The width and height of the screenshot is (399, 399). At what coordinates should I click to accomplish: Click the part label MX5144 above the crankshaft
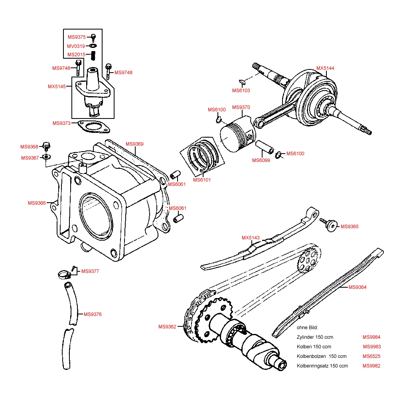click(x=325, y=68)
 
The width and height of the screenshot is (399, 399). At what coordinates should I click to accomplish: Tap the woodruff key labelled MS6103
click(x=242, y=81)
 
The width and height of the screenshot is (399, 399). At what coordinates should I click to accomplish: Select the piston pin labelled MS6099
click(x=265, y=147)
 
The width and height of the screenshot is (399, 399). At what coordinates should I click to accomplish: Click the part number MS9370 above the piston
click(x=241, y=107)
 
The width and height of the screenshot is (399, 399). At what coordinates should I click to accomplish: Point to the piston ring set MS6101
click(x=202, y=156)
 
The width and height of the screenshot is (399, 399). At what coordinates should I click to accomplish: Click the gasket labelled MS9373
click(x=94, y=127)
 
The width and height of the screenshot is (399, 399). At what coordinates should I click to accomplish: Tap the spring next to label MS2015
click(x=93, y=56)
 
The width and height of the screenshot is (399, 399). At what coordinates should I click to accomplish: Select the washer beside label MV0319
click(x=93, y=46)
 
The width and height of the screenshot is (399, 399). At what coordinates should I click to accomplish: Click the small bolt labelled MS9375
click(x=93, y=38)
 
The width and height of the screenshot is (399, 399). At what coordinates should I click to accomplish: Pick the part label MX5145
click(x=57, y=87)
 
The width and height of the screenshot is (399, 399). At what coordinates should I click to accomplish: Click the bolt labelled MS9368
click(x=46, y=146)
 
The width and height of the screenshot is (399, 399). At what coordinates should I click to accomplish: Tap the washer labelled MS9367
click(x=47, y=156)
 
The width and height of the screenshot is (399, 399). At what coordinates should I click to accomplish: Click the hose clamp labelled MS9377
click(x=64, y=275)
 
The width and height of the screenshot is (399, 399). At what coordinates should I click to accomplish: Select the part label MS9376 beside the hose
click(x=93, y=314)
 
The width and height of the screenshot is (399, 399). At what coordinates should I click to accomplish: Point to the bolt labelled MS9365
click(x=329, y=224)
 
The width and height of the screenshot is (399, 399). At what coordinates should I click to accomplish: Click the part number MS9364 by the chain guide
click(x=358, y=287)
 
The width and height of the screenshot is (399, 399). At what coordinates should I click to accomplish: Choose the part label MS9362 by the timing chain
click(x=167, y=327)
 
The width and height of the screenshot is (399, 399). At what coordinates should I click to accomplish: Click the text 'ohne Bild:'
click(x=307, y=328)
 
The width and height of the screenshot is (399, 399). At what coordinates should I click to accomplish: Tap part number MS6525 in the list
click(x=371, y=356)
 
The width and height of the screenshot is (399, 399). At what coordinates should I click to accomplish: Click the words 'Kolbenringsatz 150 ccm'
click(x=322, y=366)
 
